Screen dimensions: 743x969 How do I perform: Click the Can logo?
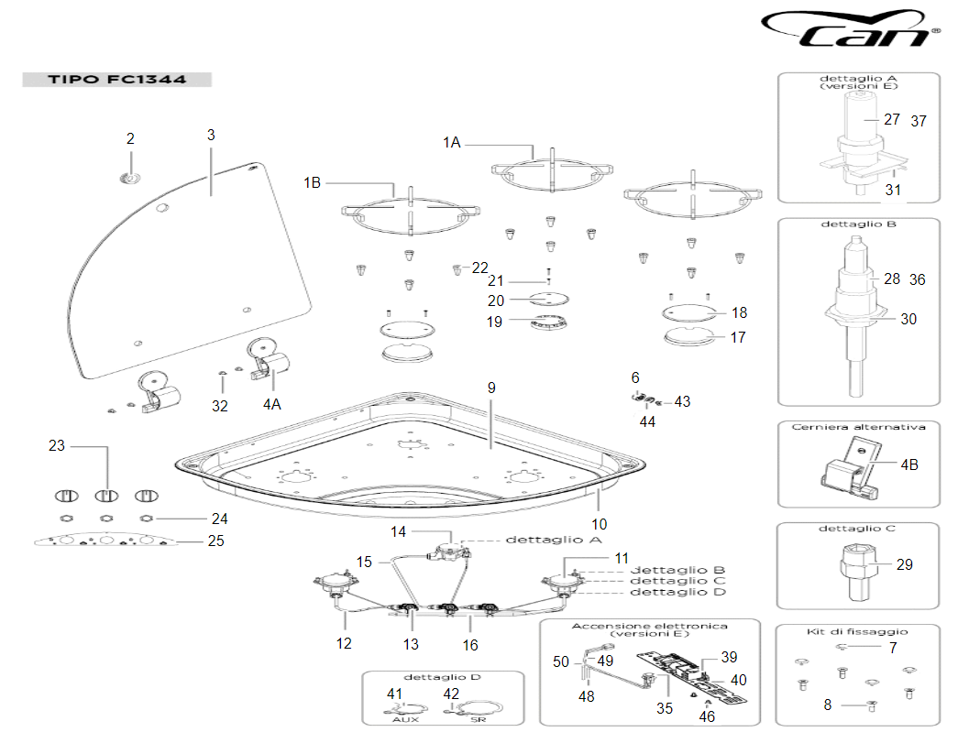(x=851, y=29)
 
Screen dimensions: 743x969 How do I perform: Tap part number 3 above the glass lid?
(x=211, y=135)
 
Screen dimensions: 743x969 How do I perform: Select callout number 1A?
(x=451, y=142)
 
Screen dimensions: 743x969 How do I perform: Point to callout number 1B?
(x=313, y=182)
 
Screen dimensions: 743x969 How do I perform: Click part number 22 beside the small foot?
(x=480, y=268)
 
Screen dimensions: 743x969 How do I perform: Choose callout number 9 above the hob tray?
(x=491, y=388)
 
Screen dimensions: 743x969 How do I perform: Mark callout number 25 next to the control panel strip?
(x=215, y=541)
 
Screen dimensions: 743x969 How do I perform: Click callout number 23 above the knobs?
(x=58, y=446)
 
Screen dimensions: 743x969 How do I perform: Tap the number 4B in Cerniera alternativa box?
(x=908, y=464)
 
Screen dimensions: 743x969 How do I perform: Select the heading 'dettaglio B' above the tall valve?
(x=859, y=224)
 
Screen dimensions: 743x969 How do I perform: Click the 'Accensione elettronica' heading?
(x=649, y=627)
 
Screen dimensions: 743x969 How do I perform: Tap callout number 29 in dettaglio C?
(x=904, y=564)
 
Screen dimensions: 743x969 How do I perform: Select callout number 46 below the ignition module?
(x=707, y=718)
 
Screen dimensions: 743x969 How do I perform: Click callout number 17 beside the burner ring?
(x=737, y=337)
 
